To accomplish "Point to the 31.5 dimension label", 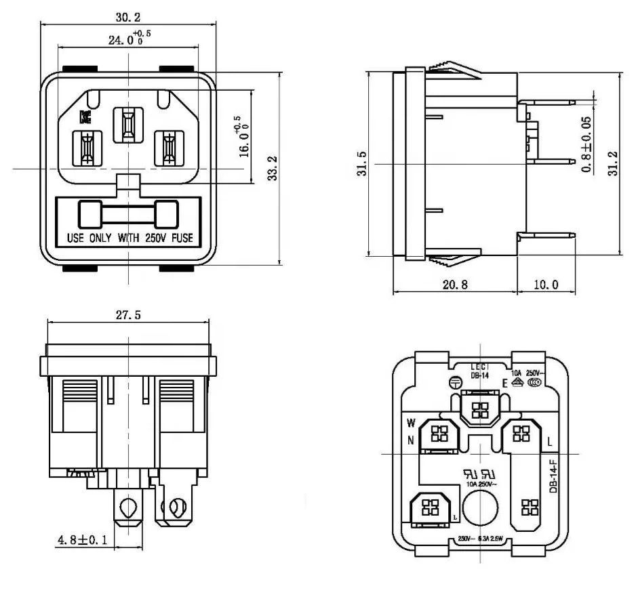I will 361,163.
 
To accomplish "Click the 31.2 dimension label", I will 612,163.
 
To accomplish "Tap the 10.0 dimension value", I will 545,285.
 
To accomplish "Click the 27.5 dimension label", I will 128,315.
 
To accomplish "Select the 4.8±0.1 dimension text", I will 80,541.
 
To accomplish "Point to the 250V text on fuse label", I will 155,238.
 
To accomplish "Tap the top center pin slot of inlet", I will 126,125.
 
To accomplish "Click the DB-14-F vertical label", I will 553,477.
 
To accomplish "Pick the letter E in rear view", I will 504,384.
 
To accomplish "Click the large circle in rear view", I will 480,507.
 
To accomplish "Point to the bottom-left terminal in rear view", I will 428,509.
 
